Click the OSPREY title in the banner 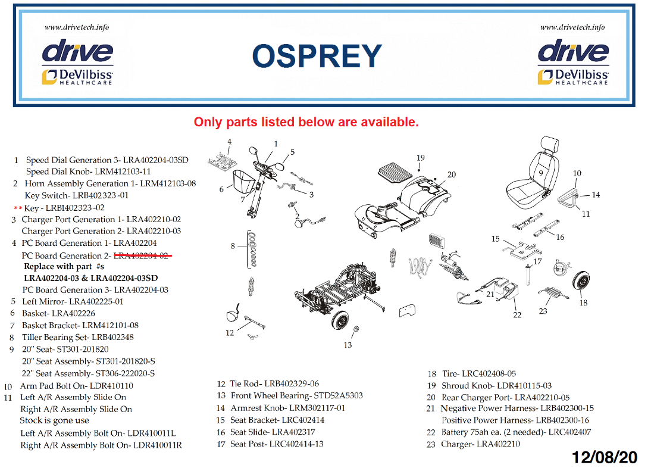point(317,57)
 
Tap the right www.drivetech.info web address point(572,27)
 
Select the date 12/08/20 point(605,457)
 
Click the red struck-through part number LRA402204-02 point(140,255)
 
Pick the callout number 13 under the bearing point(348,345)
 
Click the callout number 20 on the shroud point(452,174)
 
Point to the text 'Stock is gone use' point(54,421)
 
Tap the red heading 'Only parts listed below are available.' point(306,122)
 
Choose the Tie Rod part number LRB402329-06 point(292,384)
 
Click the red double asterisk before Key point(17,208)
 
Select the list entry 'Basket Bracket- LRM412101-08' point(80,325)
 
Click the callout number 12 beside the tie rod point(230,333)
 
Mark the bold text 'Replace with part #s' point(64,267)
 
